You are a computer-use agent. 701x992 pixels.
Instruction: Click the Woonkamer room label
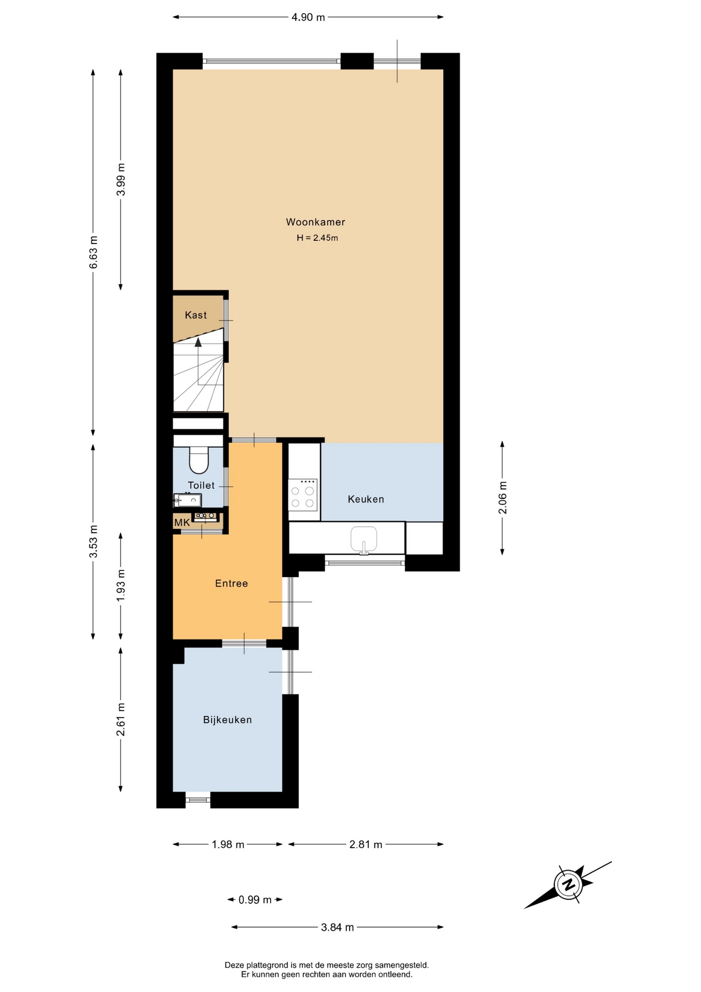[x=315, y=222]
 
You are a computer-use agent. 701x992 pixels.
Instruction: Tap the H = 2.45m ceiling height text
[x=317, y=238]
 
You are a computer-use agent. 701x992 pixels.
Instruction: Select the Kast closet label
[x=196, y=315]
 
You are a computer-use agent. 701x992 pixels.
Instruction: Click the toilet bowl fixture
[x=199, y=460]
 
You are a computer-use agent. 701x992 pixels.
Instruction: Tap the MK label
[x=182, y=523]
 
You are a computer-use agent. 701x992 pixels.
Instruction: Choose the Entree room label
[x=231, y=583]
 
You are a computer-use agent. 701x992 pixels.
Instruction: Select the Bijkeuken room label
[x=227, y=720]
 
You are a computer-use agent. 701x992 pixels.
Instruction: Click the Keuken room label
[x=365, y=499]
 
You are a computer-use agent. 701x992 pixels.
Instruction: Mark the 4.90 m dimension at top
[x=308, y=17]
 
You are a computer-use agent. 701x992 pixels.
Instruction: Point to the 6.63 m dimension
[x=93, y=252]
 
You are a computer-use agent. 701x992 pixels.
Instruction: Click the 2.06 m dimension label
[x=502, y=498]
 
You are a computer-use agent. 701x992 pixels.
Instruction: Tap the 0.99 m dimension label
[x=255, y=900]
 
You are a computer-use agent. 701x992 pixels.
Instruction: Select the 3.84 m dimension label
[x=338, y=927]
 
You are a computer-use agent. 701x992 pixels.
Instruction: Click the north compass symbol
[x=568, y=885]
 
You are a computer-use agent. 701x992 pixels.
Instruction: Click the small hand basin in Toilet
[x=187, y=500]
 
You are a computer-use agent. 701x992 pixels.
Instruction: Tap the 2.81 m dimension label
[x=365, y=844]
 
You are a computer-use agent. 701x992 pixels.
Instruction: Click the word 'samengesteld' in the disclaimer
[x=402, y=965]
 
